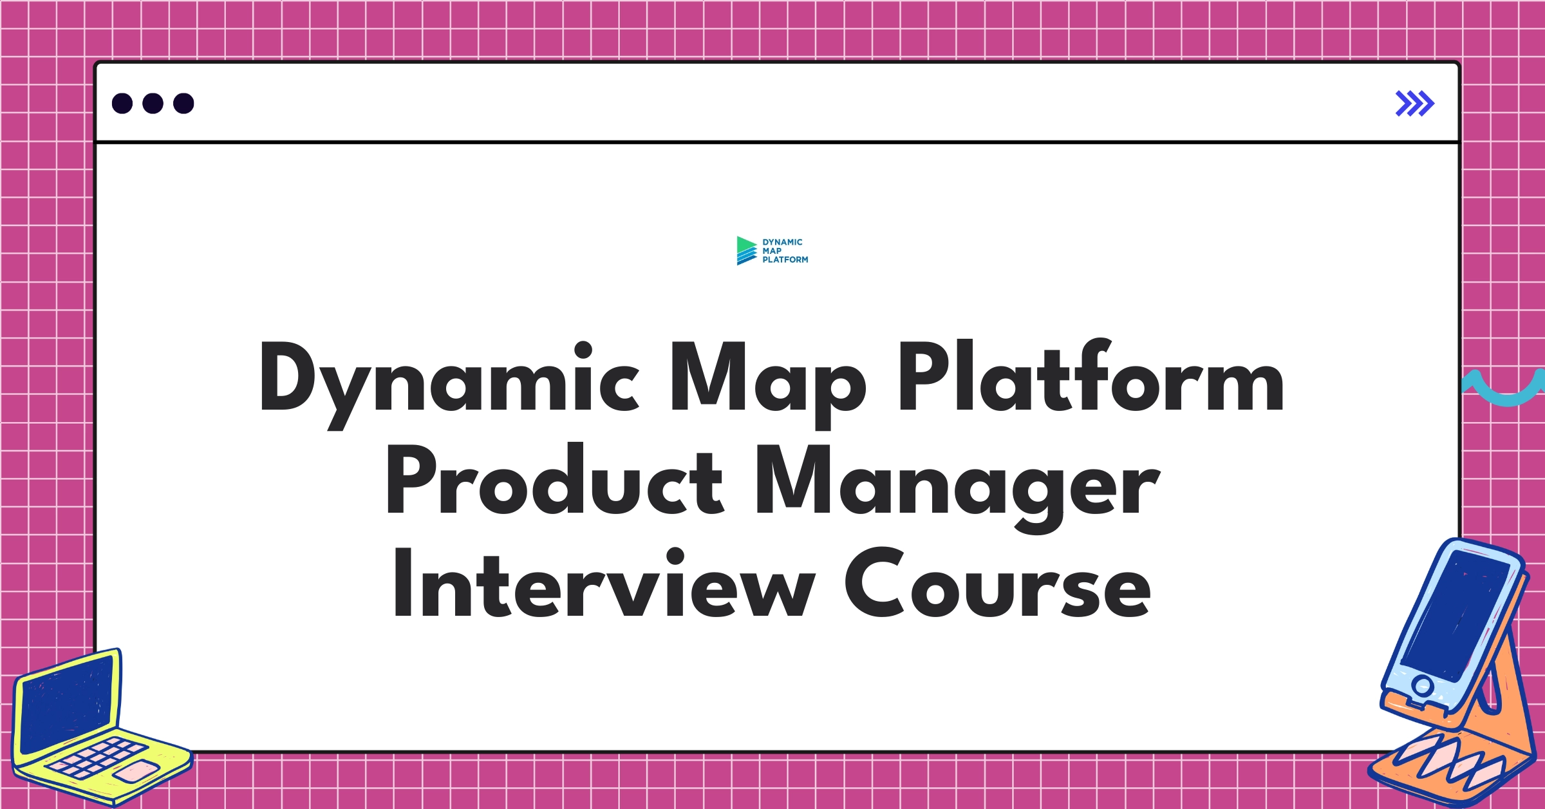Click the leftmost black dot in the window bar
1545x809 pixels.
point(122,103)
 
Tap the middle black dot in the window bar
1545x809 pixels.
point(153,103)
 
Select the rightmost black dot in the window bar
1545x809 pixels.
point(183,103)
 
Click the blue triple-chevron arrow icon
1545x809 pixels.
point(1414,104)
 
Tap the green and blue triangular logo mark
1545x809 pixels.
point(746,251)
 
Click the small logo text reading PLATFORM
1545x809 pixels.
point(785,260)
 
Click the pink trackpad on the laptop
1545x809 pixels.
point(136,770)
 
